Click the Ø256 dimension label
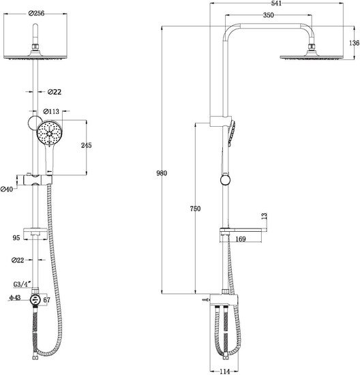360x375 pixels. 36,13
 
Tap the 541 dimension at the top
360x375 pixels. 277,3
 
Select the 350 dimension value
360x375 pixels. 269,15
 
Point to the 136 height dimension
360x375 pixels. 355,43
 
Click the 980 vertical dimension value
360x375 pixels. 162,173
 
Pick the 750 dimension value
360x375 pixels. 195,209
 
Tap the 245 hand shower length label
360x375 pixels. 87,145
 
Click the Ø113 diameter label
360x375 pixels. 51,111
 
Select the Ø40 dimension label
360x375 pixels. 7,190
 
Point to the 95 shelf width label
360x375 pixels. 16,238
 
